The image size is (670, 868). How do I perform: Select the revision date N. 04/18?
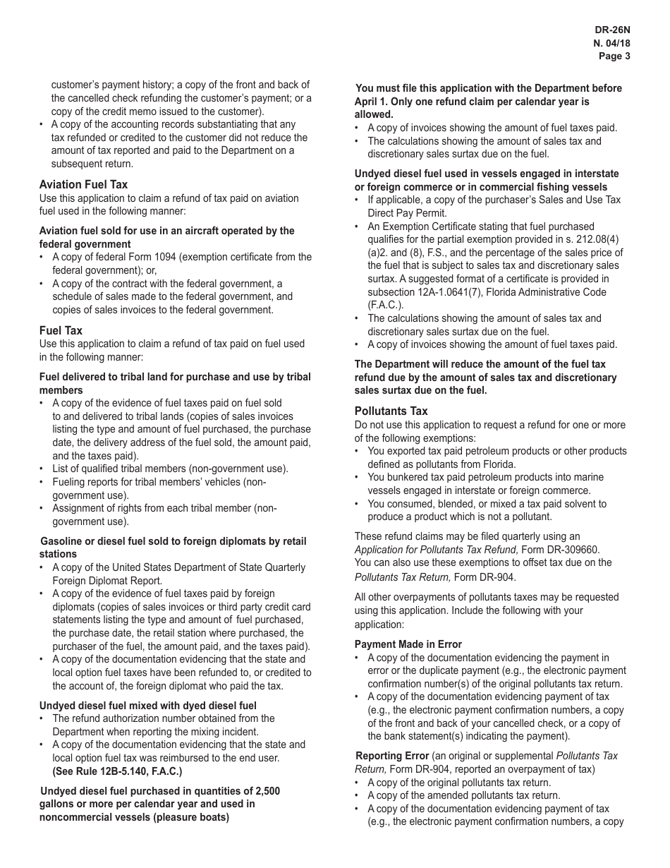tap(611, 43)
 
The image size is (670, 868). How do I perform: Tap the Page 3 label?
tap(614, 56)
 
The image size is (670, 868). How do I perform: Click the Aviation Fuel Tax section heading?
tap(83, 185)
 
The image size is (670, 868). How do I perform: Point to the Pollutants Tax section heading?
tap(391, 411)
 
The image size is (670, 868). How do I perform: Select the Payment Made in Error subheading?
tap(408, 644)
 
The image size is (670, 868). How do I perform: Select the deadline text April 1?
tap(370, 102)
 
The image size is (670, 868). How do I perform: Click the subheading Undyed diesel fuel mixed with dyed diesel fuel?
tap(147, 706)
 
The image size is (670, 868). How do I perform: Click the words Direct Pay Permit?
tap(407, 213)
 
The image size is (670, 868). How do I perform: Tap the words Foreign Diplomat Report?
tap(107, 581)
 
